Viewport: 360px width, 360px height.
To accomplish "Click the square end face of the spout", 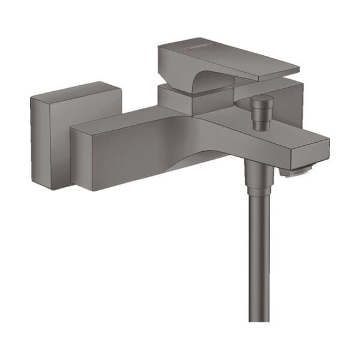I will (x=316, y=153).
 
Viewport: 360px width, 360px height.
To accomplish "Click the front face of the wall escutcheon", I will (x=50, y=144).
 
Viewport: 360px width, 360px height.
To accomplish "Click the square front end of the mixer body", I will (x=90, y=159).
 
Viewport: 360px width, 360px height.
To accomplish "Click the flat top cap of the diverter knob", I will (x=261, y=100).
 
